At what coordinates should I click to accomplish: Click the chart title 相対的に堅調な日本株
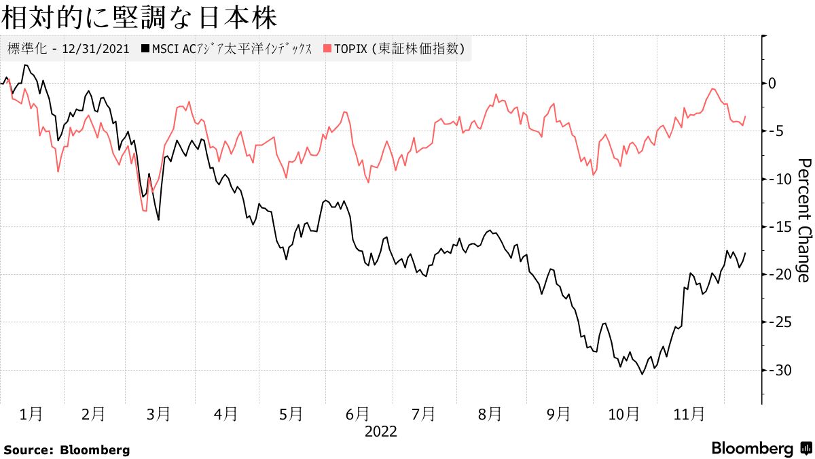(x=139, y=18)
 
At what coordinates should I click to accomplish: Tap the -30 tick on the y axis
(x=778, y=371)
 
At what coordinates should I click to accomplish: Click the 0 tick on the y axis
(x=772, y=83)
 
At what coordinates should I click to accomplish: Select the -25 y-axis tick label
(x=778, y=322)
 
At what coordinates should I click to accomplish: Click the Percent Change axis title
(x=803, y=220)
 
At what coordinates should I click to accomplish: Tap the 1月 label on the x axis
(x=31, y=413)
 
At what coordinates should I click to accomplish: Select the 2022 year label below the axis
(x=380, y=431)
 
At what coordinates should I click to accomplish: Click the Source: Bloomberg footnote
(x=67, y=449)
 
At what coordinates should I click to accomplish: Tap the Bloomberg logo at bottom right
(x=761, y=449)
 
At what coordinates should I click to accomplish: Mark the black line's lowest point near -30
(x=642, y=373)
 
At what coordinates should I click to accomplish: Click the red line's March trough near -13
(x=145, y=211)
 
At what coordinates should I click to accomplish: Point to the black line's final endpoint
(x=745, y=253)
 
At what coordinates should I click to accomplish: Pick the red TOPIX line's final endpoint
(x=745, y=116)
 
